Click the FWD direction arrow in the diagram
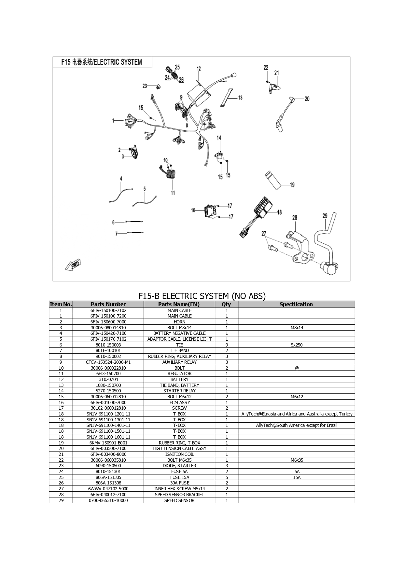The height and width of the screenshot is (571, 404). pyautogui.click(x=73, y=265)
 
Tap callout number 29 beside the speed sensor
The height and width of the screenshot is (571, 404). pyautogui.click(x=325, y=216)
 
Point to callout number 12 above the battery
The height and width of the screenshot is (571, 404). pyautogui.click(x=199, y=69)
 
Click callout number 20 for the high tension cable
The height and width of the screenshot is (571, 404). pyautogui.click(x=307, y=99)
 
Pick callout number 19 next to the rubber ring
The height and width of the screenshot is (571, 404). pyautogui.click(x=292, y=185)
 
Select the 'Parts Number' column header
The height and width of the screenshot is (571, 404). pyautogui.click(x=108, y=304)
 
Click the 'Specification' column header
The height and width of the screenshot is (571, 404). pyautogui.click(x=296, y=304)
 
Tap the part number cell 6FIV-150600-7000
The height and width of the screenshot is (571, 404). pyautogui.click(x=108, y=322)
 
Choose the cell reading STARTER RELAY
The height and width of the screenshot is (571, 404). pyautogui.click(x=179, y=391)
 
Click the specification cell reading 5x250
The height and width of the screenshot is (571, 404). pyautogui.click(x=297, y=345)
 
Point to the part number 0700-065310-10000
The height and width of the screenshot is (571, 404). pyautogui.click(x=108, y=500)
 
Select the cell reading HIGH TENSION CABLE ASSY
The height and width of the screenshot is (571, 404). pyautogui.click(x=179, y=448)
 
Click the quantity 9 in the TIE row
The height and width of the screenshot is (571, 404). pyautogui.click(x=227, y=345)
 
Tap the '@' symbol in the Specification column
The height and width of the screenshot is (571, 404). pyautogui.click(x=297, y=368)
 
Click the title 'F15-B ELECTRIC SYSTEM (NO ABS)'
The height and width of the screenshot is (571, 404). pyautogui.click(x=202, y=296)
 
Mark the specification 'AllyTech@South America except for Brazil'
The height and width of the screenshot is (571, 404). pyautogui.click(x=297, y=425)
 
